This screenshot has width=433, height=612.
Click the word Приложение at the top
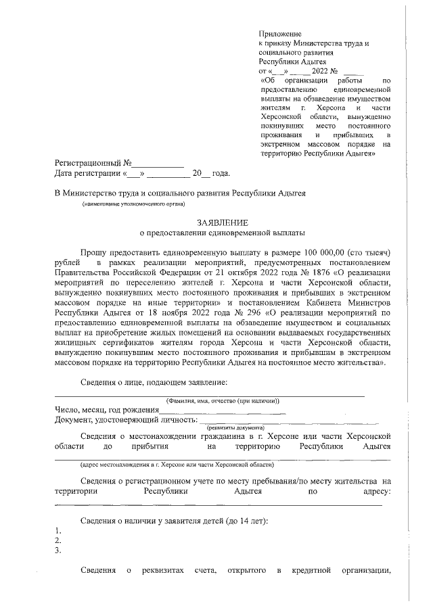click(280, 33)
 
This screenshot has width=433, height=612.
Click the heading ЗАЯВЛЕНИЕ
click(222, 222)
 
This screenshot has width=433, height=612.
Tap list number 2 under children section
click(58, 540)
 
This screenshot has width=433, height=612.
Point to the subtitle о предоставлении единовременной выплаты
click(222, 234)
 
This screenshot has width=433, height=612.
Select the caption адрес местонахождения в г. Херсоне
click(177, 465)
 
